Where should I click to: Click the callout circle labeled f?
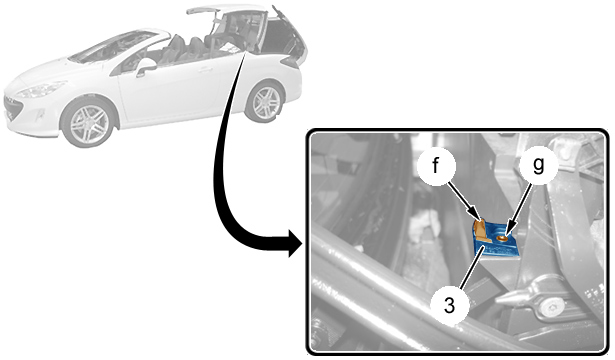click(x=436, y=165)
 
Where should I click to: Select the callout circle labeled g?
click(x=539, y=164)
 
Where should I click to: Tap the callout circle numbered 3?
click(x=449, y=305)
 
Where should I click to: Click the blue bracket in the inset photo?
click(x=497, y=241)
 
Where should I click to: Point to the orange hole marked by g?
click(x=502, y=238)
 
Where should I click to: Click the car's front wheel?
click(x=89, y=123)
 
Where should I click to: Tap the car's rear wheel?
click(x=266, y=102)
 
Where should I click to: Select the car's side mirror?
click(x=145, y=67)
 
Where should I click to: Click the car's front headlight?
click(x=42, y=89)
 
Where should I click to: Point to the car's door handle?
click(x=204, y=71)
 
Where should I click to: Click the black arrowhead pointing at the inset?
click(x=296, y=243)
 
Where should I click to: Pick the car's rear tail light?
click(x=291, y=61)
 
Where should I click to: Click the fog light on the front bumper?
click(x=39, y=116)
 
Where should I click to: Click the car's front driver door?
click(x=169, y=91)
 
